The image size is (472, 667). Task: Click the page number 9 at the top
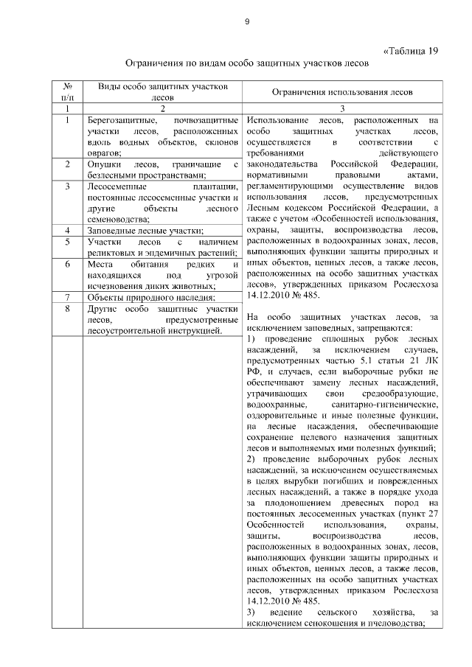(x=247, y=21)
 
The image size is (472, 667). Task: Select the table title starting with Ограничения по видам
(x=246, y=64)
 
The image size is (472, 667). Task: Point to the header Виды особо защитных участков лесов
(x=162, y=91)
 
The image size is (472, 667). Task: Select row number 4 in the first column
(x=67, y=231)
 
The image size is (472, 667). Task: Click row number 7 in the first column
(x=67, y=297)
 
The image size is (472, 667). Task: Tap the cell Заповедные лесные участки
(x=145, y=231)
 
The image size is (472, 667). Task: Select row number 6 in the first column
(x=67, y=264)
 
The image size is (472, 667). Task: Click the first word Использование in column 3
(x=276, y=119)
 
